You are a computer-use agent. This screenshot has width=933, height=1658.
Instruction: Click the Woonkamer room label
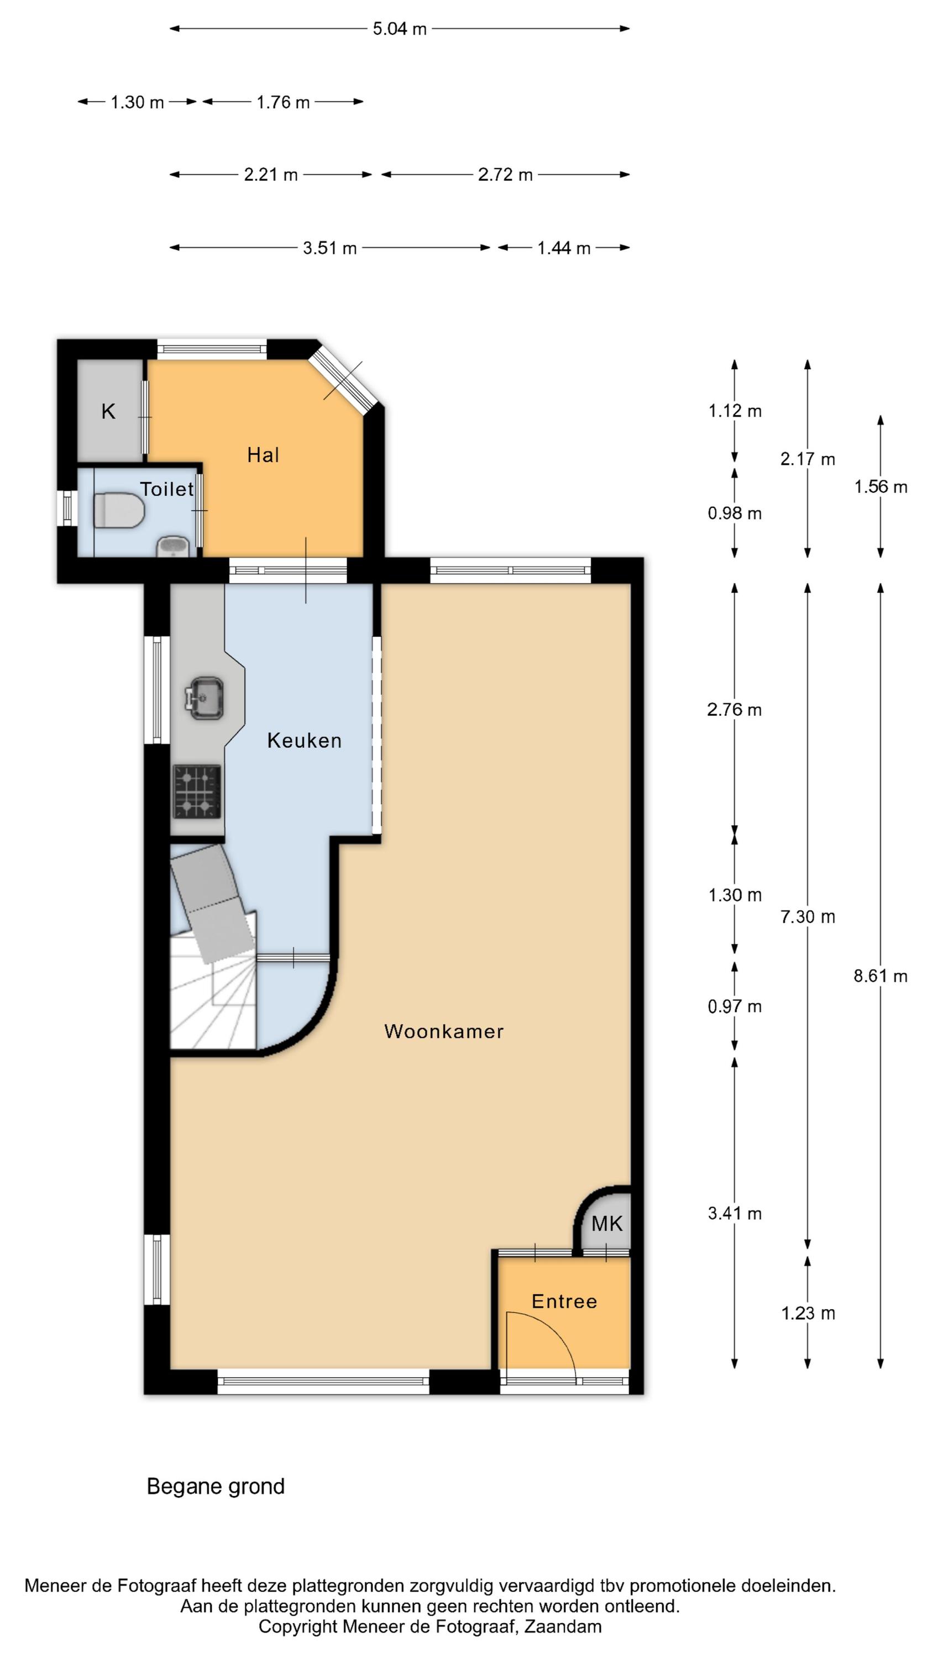pyautogui.click(x=444, y=1031)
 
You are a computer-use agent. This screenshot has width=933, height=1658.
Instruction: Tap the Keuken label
pyautogui.click(x=304, y=740)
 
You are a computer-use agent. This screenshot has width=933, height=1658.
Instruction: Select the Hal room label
pyautogui.click(x=263, y=455)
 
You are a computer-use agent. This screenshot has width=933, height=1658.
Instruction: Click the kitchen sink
pyautogui.click(x=204, y=697)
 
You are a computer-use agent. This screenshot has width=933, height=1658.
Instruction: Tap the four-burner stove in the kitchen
pyautogui.click(x=196, y=791)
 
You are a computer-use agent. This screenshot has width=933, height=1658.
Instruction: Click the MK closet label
pyautogui.click(x=606, y=1223)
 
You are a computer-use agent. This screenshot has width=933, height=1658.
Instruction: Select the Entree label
pyautogui.click(x=564, y=1302)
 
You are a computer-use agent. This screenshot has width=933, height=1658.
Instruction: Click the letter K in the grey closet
pyautogui.click(x=108, y=411)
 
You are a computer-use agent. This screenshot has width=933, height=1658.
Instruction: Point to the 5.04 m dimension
pyautogui.click(x=399, y=29)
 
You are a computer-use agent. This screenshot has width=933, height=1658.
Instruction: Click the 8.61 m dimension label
pyautogui.click(x=880, y=976)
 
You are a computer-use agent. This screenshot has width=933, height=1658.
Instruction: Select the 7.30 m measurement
pyautogui.click(x=808, y=916)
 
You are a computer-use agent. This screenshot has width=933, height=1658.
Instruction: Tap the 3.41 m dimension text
pyautogui.click(x=735, y=1213)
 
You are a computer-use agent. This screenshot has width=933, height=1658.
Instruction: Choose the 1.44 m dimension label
pyautogui.click(x=563, y=248)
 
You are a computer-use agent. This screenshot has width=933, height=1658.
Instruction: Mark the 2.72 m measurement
pyautogui.click(x=505, y=175)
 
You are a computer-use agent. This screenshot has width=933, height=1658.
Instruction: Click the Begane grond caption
pyautogui.click(x=216, y=1486)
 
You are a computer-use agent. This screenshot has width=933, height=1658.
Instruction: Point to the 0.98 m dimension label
pyautogui.click(x=735, y=513)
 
